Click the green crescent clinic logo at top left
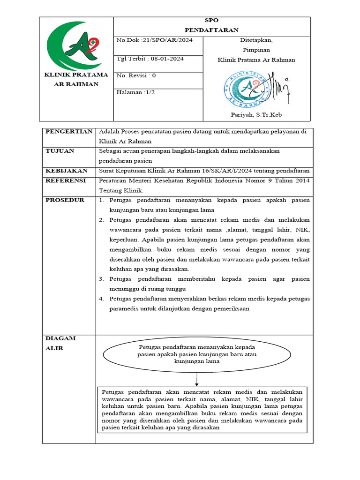pos(75,45)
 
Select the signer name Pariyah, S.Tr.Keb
pos(256,115)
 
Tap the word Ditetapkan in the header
pos(256,40)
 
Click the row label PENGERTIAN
pos(68,132)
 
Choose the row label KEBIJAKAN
pos(67,170)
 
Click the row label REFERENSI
pos(65,180)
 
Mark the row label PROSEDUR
pos(65,200)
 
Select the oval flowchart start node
pos(197,354)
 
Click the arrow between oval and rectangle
pos(197,379)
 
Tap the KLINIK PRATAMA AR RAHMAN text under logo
pos(75,79)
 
